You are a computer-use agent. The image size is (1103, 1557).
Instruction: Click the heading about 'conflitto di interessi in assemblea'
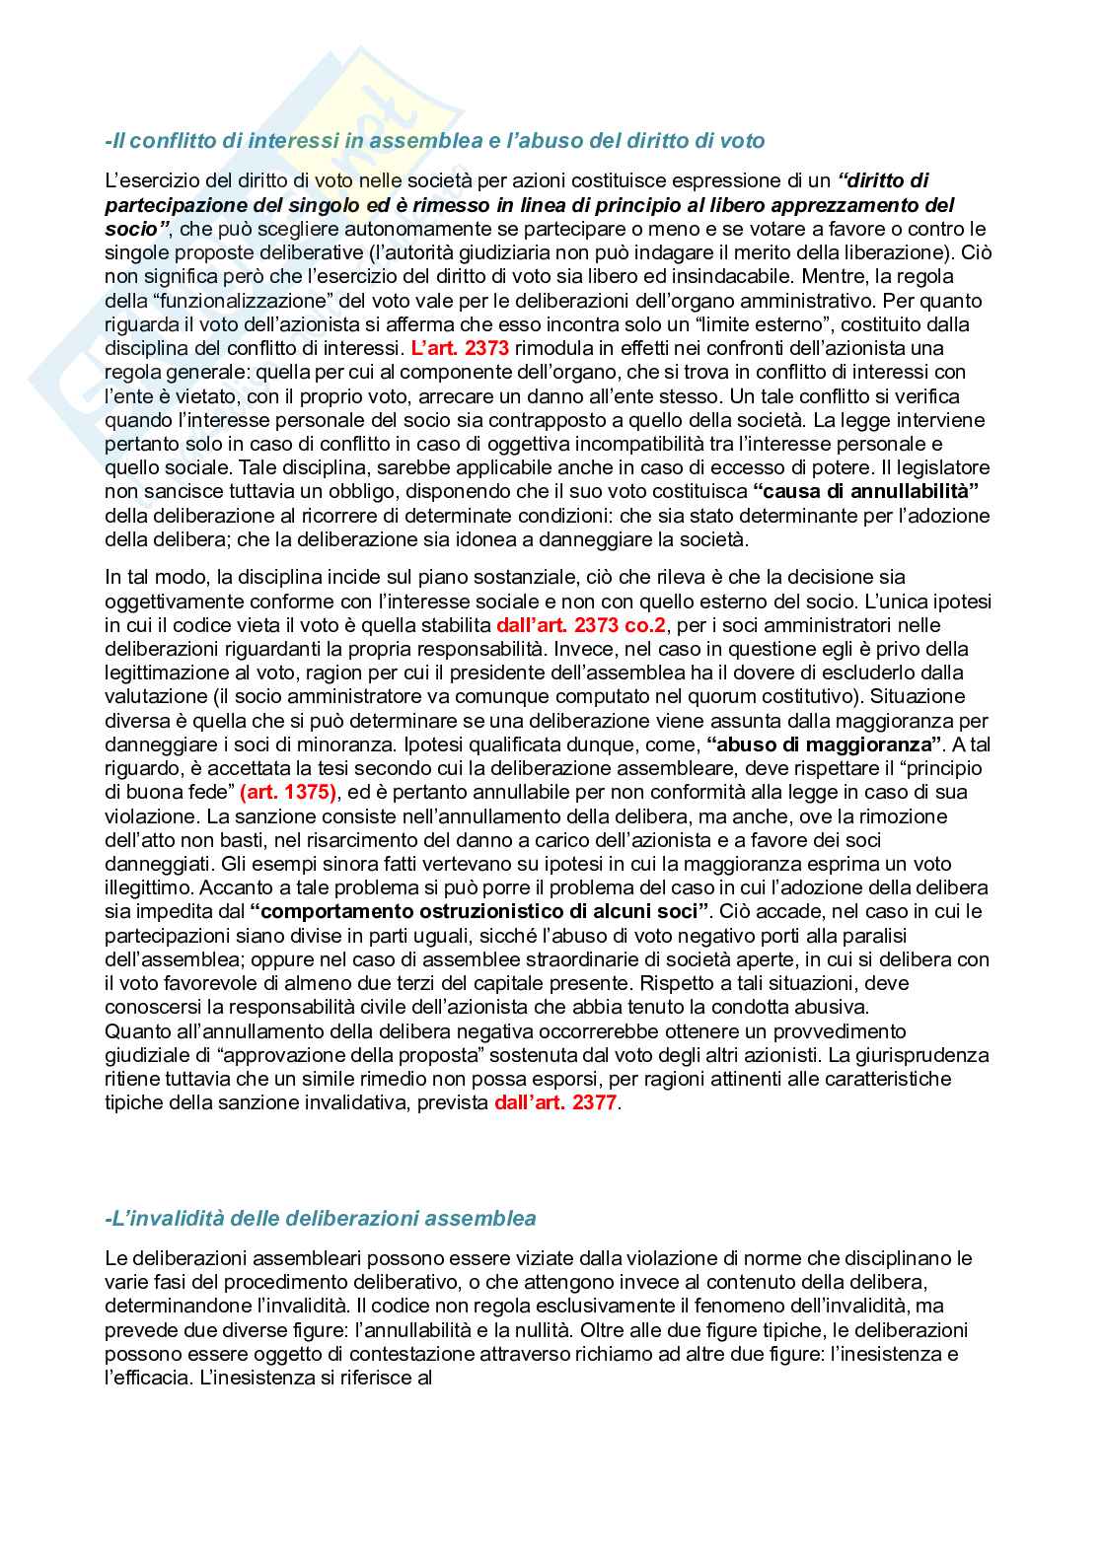click(x=434, y=141)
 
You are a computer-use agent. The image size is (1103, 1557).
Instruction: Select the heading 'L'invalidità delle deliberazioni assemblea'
click(x=320, y=1218)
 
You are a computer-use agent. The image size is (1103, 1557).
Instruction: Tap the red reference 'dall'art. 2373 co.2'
click(x=581, y=625)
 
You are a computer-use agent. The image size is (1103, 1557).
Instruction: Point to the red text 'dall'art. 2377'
click(x=556, y=1102)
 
